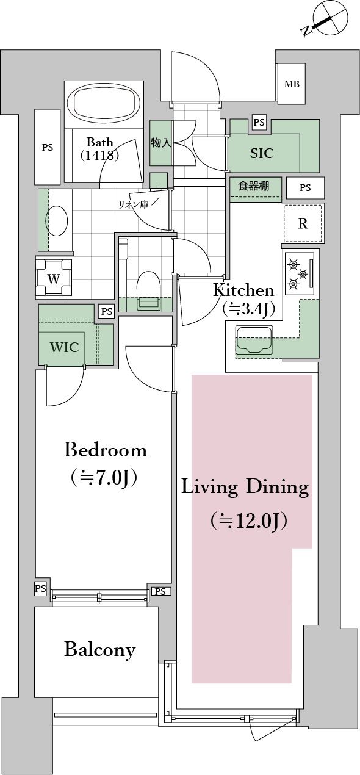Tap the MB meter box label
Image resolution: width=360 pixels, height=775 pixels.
[292, 84]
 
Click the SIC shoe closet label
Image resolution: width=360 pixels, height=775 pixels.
[262, 153]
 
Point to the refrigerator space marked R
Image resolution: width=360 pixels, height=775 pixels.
[303, 223]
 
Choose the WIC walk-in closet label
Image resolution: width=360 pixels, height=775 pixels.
[64, 347]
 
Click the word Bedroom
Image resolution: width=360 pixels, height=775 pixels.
[106, 450]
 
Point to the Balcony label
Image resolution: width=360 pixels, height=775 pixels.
[99, 650]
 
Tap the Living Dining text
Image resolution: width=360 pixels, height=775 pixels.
[245, 488]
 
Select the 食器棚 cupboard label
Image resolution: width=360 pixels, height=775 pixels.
[253, 187]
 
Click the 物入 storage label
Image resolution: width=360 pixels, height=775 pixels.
[160, 143]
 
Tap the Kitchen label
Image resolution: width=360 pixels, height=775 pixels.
[243, 290]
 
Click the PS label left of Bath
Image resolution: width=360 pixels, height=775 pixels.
[47, 147]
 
